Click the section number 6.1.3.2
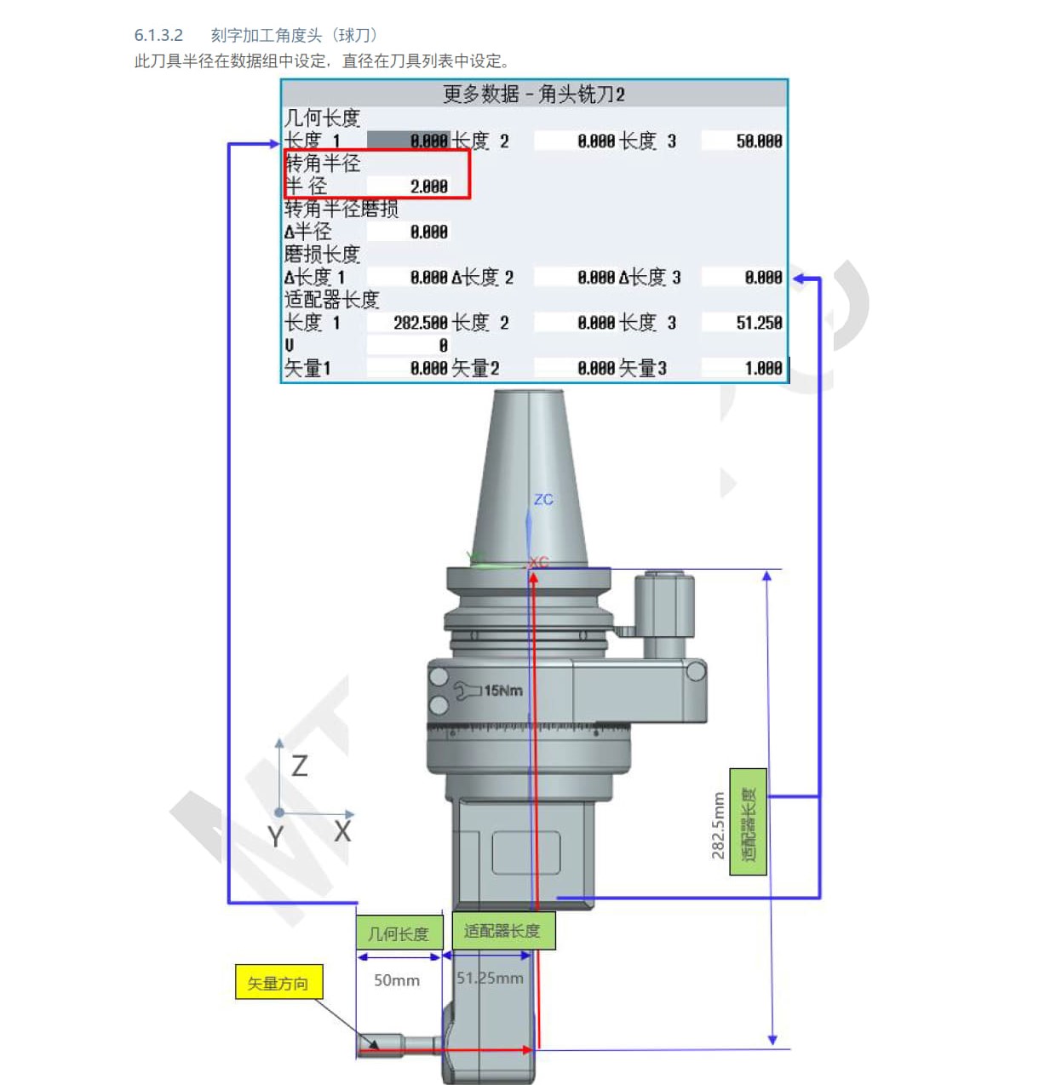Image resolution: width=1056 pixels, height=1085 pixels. click(158, 36)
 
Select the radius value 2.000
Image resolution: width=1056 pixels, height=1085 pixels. click(428, 187)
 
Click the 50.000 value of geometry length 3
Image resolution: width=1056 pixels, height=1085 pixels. click(759, 141)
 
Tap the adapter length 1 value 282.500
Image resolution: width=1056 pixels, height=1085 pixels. click(421, 323)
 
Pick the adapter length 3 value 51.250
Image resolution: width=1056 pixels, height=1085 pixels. click(759, 323)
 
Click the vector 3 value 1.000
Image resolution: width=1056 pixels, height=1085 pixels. click(763, 368)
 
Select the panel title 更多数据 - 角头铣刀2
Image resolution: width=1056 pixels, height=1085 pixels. click(534, 94)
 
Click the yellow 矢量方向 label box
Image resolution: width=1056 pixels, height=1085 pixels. click(278, 982)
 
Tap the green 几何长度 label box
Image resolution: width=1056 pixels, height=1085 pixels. click(399, 933)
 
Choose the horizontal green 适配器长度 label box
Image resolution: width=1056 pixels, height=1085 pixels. click(503, 931)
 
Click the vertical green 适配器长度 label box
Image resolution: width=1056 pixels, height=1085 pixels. click(749, 821)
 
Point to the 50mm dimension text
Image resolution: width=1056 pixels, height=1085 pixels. click(396, 979)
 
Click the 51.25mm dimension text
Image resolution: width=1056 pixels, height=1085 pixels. click(490, 978)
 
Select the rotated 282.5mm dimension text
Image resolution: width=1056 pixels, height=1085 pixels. click(718, 825)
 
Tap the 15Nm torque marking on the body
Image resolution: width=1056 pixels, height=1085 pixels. click(503, 690)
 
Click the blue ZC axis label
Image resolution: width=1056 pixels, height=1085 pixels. click(543, 499)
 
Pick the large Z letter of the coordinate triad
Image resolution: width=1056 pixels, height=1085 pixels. click(300, 766)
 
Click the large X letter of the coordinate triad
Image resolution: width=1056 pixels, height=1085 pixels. click(343, 831)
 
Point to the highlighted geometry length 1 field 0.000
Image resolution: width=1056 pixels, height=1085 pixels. click(408, 141)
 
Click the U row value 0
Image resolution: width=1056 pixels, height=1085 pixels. click(443, 346)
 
